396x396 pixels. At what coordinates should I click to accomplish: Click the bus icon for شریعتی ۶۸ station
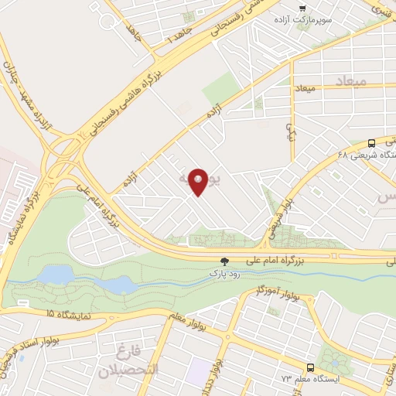372,142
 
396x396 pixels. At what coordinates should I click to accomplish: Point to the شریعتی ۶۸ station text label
369,155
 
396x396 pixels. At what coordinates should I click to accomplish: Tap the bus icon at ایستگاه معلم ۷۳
310,367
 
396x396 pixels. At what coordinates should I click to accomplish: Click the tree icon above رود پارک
225,262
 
